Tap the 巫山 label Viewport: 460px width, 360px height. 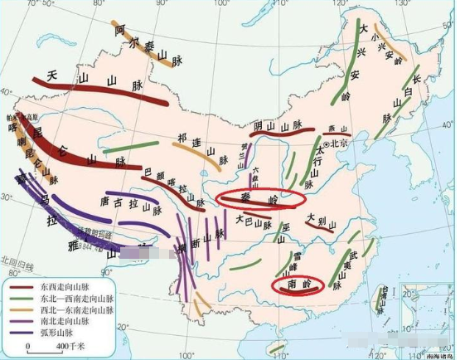coord(283,226)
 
